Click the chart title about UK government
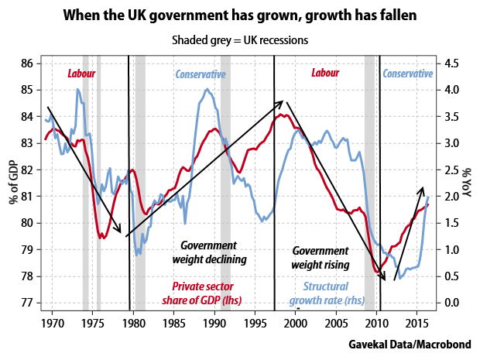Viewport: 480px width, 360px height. coord(240,15)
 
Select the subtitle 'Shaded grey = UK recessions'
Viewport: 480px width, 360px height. coord(240,40)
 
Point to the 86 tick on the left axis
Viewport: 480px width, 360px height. coord(27,63)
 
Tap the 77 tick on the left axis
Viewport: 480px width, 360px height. coord(27,303)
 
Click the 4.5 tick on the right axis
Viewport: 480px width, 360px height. coord(452,63)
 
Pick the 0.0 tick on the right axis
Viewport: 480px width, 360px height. coord(452,303)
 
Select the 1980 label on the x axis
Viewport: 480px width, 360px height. coord(133,324)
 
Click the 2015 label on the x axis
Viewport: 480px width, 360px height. coord(417,324)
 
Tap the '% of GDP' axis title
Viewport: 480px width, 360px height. coord(14,182)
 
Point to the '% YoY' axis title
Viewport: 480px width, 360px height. coord(467,182)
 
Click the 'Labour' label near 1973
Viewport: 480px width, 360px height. coord(81,74)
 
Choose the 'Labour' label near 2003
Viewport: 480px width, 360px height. coord(325,73)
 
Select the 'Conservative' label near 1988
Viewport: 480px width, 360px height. coord(201,74)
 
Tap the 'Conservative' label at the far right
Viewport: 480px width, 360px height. coord(408,74)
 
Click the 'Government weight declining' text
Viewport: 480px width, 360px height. coord(209,252)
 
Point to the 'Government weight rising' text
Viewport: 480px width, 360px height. coord(321,258)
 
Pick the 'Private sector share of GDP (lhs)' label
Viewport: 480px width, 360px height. coord(202,293)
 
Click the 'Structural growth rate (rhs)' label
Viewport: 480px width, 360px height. coord(327,293)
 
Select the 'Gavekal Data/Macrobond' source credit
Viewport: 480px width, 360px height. coord(410,345)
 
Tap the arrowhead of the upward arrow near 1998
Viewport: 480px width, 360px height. coord(281,103)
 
